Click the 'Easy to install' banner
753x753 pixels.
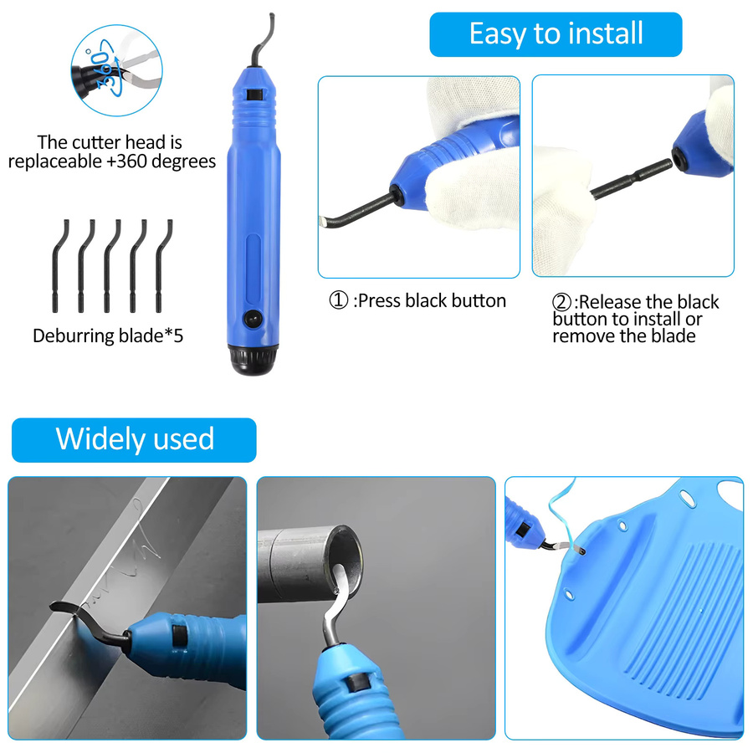point(556,34)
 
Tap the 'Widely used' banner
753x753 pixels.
point(134,440)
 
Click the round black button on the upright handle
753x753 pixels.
point(252,319)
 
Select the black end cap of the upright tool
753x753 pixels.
point(253,359)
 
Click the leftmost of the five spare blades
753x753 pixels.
point(59,265)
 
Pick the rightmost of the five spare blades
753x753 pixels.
point(163,265)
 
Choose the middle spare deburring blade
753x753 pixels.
point(111,265)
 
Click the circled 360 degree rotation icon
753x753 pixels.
point(116,70)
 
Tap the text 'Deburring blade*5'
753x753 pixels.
point(108,336)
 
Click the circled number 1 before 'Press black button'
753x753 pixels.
point(338,300)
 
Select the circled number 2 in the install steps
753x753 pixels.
point(561,302)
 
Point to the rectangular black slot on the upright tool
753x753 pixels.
point(253,94)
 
